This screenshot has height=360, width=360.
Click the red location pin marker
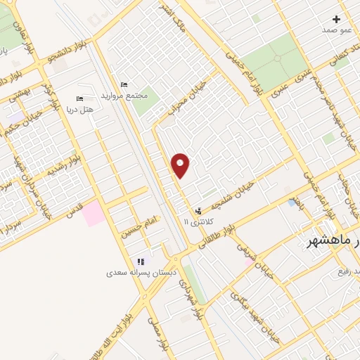181,165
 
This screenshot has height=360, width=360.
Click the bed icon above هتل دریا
79,99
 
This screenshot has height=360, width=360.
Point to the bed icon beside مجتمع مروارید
124,84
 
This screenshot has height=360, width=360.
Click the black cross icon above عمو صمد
337,19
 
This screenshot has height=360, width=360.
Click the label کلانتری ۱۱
196,221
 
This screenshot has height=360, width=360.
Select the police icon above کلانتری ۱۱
199,210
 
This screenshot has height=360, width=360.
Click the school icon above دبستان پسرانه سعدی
141,262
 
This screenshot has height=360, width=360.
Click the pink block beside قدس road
93,214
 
